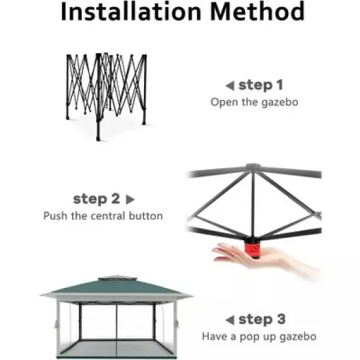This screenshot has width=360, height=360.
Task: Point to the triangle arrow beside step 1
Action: click(x=228, y=86)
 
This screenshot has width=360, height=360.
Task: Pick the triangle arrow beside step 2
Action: click(x=130, y=199)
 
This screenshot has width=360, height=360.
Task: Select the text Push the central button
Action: click(x=103, y=215)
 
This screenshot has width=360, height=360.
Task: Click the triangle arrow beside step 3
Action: click(x=229, y=320)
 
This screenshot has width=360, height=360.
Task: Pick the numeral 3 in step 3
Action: click(x=281, y=319)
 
